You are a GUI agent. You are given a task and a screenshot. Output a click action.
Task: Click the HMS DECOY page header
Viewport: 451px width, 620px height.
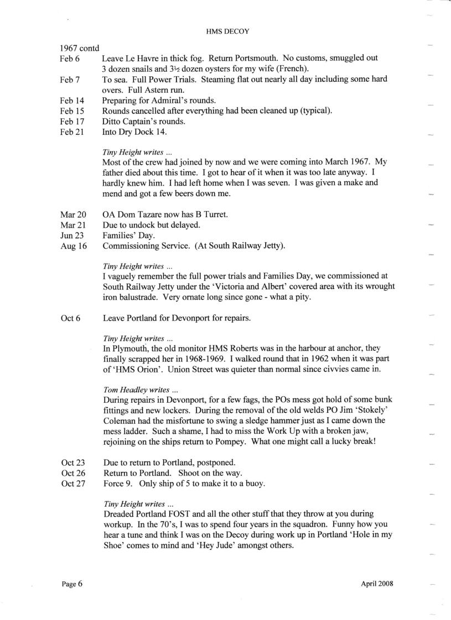tap(226, 31)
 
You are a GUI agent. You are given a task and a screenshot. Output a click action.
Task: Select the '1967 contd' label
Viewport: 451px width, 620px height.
tap(80, 48)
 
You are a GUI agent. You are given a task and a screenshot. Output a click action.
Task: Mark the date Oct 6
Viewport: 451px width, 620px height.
tap(69, 318)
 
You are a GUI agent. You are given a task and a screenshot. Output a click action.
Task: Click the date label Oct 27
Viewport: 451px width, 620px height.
tap(71, 484)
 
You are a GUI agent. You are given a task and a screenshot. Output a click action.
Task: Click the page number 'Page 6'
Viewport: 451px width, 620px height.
tap(71, 584)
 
